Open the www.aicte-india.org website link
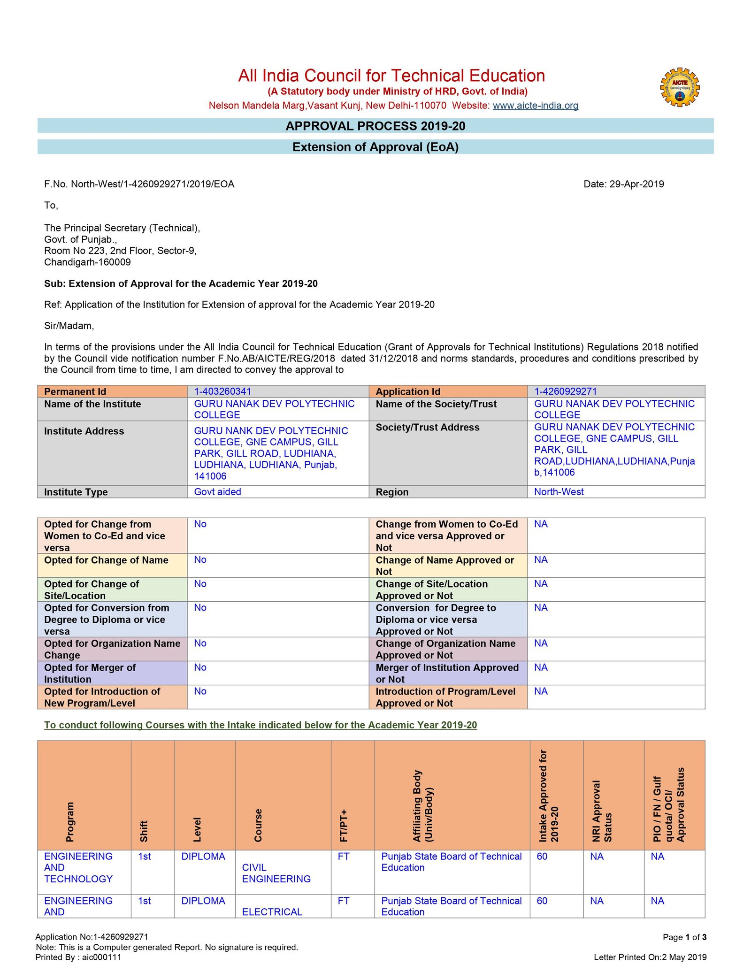tap(535, 106)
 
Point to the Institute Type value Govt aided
tap(217, 492)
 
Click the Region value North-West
tap(559, 492)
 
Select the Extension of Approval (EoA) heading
tap(375, 147)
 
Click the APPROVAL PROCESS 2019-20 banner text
tap(375, 126)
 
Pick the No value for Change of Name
tap(200, 560)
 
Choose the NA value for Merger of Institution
tap(541, 667)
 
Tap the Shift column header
tap(144, 831)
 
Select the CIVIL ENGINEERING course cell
tap(276, 873)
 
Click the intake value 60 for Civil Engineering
tap(542, 857)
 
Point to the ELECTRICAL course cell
tap(272, 912)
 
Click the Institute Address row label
tap(84, 431)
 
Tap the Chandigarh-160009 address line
tap(87, 262)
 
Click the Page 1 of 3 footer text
tap(684, 937)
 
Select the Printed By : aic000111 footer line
tap(78, 957)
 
